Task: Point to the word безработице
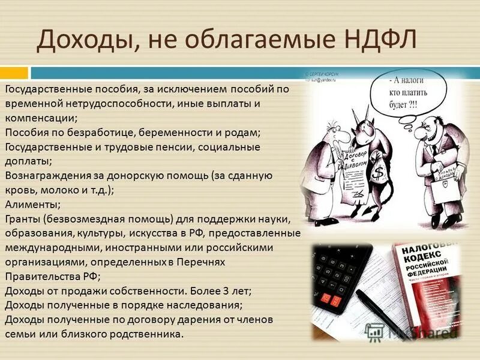pos(97,132)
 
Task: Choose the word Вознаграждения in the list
pos(43,175)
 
